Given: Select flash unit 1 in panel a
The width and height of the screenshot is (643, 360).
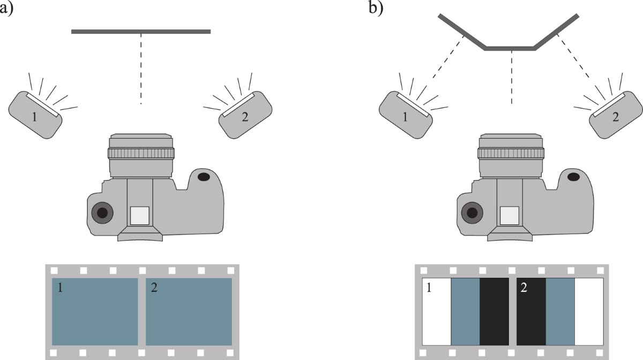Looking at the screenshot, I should [x=35, y=115].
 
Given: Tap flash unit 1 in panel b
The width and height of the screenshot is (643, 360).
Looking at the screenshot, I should [x=406, y=115].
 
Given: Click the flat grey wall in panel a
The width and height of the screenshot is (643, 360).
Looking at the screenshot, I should [x=141, y=32].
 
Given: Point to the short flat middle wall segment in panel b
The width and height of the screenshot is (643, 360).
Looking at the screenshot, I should [x=510, y=49].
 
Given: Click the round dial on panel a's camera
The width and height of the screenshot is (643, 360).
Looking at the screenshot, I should [x=102, y=213].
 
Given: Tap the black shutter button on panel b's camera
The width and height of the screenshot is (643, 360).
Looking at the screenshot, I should [x=573, y=176].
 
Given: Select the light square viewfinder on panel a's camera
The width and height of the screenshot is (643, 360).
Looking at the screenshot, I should [x=139, y=215].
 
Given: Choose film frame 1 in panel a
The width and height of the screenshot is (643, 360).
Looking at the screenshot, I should [x=95, y=311].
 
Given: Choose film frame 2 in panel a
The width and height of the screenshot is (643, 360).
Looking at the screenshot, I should [x=189, y=311].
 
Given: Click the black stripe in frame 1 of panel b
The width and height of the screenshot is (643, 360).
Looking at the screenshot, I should [x=494, y=311].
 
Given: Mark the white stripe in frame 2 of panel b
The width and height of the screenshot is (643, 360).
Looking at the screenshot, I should [x=589, y=311].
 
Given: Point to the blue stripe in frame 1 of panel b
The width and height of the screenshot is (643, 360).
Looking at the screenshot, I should [x=465, y=311].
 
